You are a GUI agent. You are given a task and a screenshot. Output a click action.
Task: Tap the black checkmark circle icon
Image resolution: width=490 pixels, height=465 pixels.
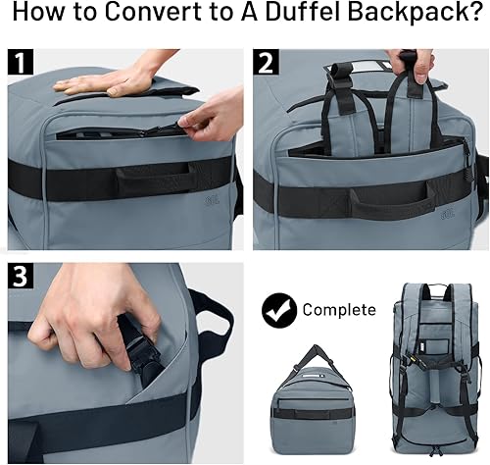278,310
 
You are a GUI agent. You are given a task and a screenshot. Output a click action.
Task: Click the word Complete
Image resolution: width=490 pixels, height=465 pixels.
338,310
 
